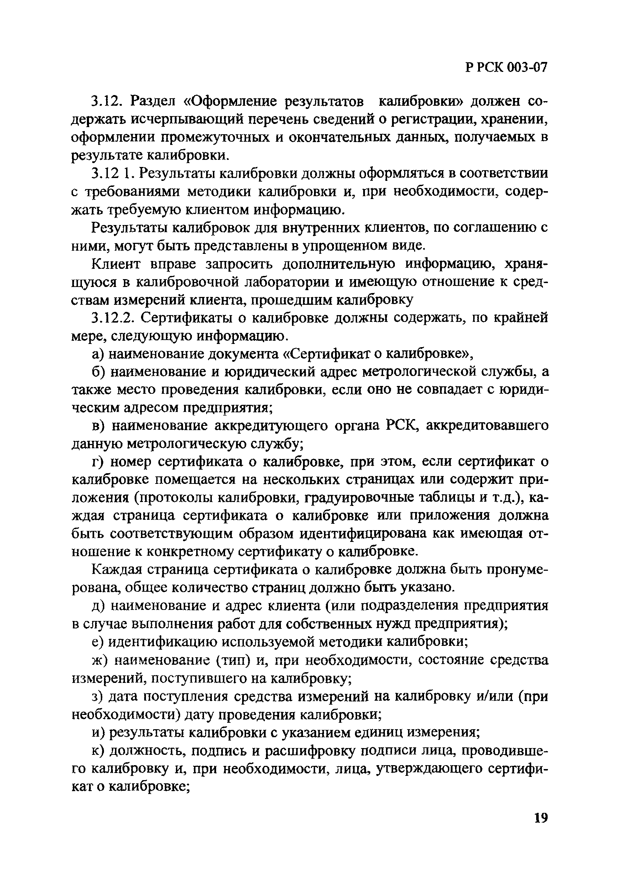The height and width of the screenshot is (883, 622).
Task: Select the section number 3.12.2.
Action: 111,318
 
